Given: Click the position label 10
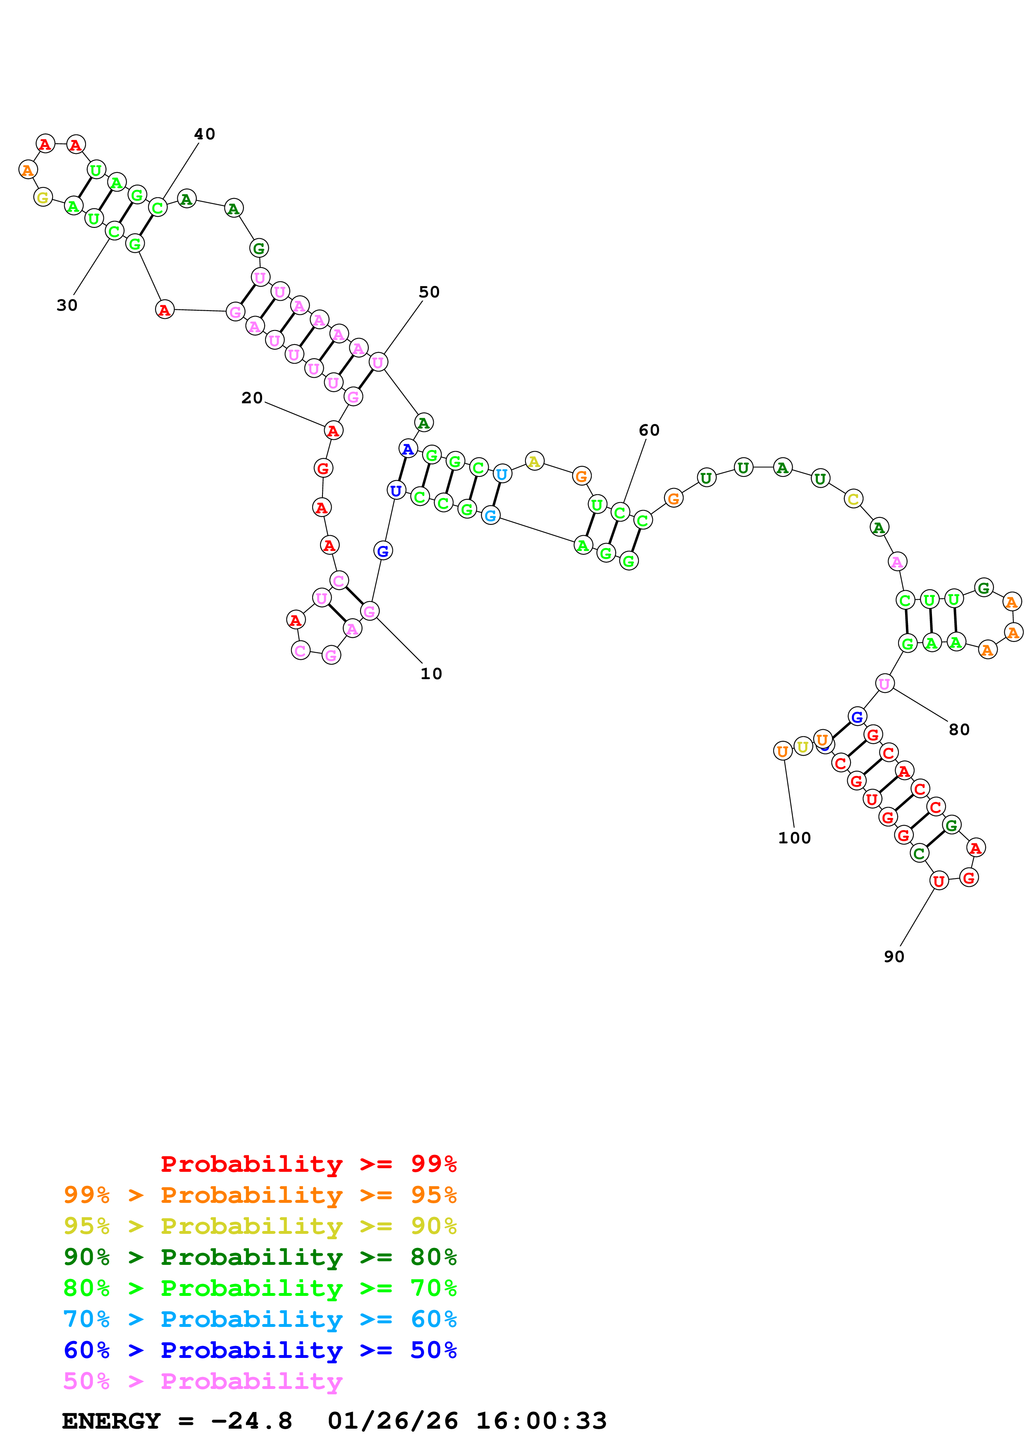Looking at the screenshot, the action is coord(431,674).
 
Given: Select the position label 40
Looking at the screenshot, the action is coord(205,134).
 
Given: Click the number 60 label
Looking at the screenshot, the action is coord(649,430).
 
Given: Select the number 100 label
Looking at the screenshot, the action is coord(794,838).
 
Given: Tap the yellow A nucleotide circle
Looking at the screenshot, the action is coord(534,461).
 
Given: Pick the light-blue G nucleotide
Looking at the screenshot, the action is coord(490,516).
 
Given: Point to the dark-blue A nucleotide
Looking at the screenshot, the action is coord(408,449).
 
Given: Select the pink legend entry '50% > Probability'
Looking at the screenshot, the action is coord(203,1381).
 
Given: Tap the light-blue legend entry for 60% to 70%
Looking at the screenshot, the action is coord(260,1319).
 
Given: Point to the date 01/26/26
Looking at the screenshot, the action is coord(393,1421).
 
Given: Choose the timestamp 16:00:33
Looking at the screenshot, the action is coord(541,1421).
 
